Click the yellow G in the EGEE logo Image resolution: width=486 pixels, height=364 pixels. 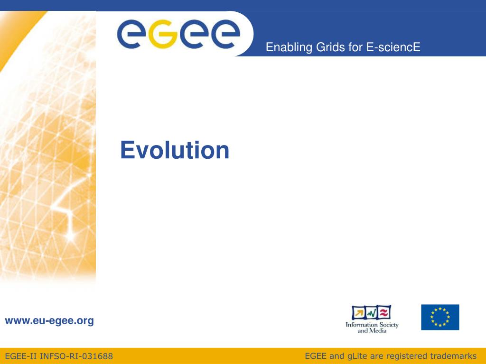point(163,34)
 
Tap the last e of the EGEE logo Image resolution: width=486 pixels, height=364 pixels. point(225,34)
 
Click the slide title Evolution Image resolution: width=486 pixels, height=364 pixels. point(175,150)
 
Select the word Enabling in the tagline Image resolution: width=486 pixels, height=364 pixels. point(289,47)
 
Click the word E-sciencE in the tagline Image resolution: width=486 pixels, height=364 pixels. point(393,47)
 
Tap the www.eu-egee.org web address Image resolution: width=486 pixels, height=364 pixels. point(49,321)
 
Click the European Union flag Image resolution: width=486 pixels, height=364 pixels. point(440,317)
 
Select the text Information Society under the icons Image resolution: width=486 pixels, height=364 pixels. point(372,325)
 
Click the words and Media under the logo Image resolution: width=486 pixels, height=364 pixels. point(372,330)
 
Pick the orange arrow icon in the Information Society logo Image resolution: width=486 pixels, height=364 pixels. point(359,313)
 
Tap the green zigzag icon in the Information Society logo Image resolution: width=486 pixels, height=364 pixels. point(372,313)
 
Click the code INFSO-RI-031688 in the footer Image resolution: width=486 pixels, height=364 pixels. point(76,356)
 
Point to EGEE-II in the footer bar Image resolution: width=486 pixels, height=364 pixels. point(21,356)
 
